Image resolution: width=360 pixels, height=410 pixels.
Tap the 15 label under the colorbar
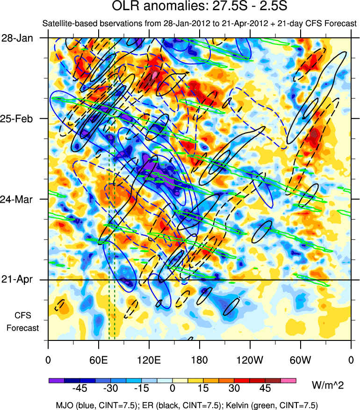tap(203, 389)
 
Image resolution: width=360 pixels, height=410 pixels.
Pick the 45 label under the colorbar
tap(265, 389)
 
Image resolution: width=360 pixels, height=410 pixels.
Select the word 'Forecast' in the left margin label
tap(22, 328)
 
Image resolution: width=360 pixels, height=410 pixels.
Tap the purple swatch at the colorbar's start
tap(56, 380)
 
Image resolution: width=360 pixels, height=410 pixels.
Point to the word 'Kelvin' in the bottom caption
tap(248, 403)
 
